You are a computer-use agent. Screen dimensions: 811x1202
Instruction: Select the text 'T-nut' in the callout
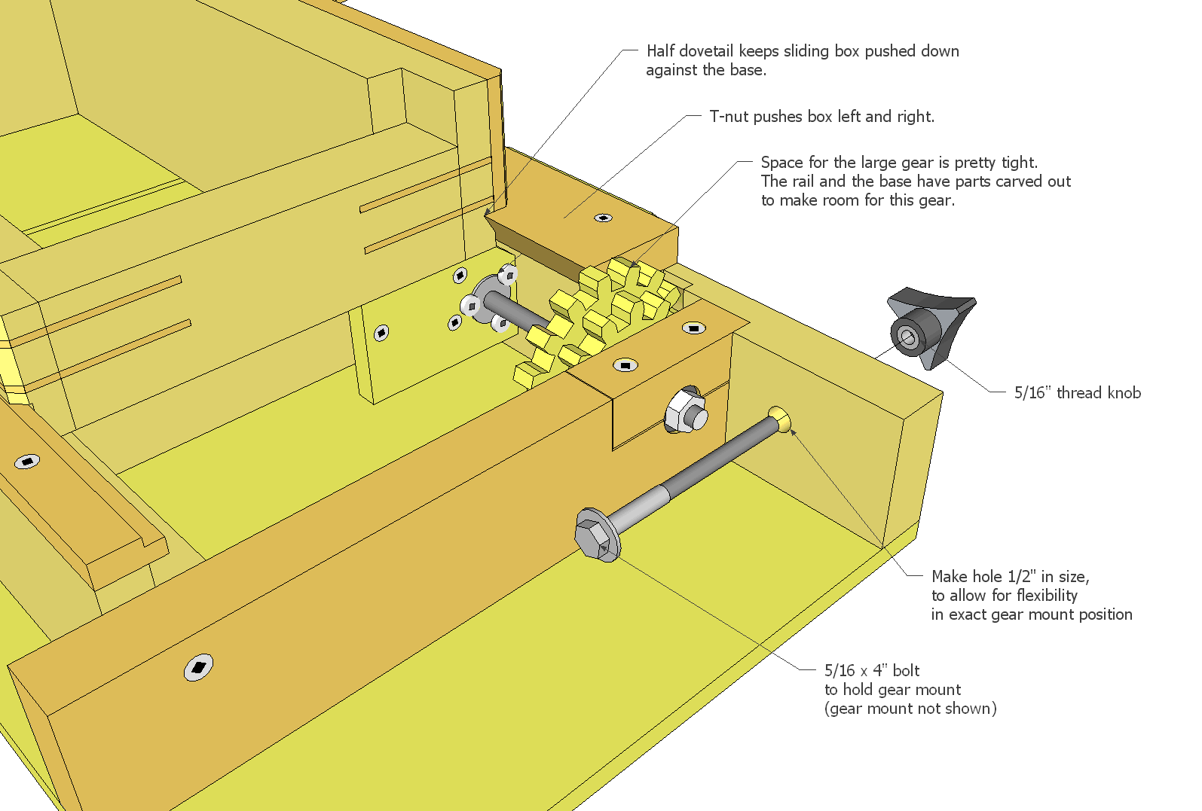pyautogui.click(x=729, y=117)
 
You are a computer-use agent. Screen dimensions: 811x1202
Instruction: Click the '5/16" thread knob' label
pyautogui.click(x=1077, y=392)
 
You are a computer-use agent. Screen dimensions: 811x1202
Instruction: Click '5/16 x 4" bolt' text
pyautogui.click(x=872, y=670)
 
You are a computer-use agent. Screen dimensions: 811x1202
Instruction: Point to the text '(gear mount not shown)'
pyautogui.click(x=910, y=709)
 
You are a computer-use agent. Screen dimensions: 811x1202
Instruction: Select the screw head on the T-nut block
pyautogui.click(x=603, y=218)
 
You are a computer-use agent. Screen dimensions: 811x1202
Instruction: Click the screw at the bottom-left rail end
pyautogui.click(x=199, y=666)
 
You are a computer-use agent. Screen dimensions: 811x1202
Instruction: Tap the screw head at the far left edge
pyautogui.click(x=27, y=461)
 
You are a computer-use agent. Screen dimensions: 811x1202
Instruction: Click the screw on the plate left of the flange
pyautogui.click(x=381, y=332)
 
